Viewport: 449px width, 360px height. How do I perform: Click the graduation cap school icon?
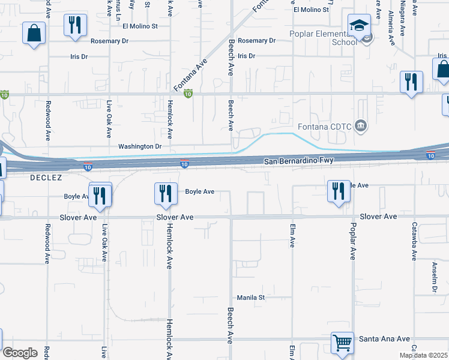[x=359, y=26]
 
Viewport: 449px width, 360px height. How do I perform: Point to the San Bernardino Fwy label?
[x=299, y=161]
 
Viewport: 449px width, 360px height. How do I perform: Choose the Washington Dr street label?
[x=140, y=146]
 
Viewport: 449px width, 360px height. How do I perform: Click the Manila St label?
[x=251, y=298]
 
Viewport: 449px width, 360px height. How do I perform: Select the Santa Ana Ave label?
[x=384, y=339]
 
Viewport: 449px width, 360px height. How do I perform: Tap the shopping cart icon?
[x=342, y=344]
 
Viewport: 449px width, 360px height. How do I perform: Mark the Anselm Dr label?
[x=435, y=277]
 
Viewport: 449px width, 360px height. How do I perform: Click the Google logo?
[x=19, y=352]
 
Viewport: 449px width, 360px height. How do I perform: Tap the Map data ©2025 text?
[x=423, y=355]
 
